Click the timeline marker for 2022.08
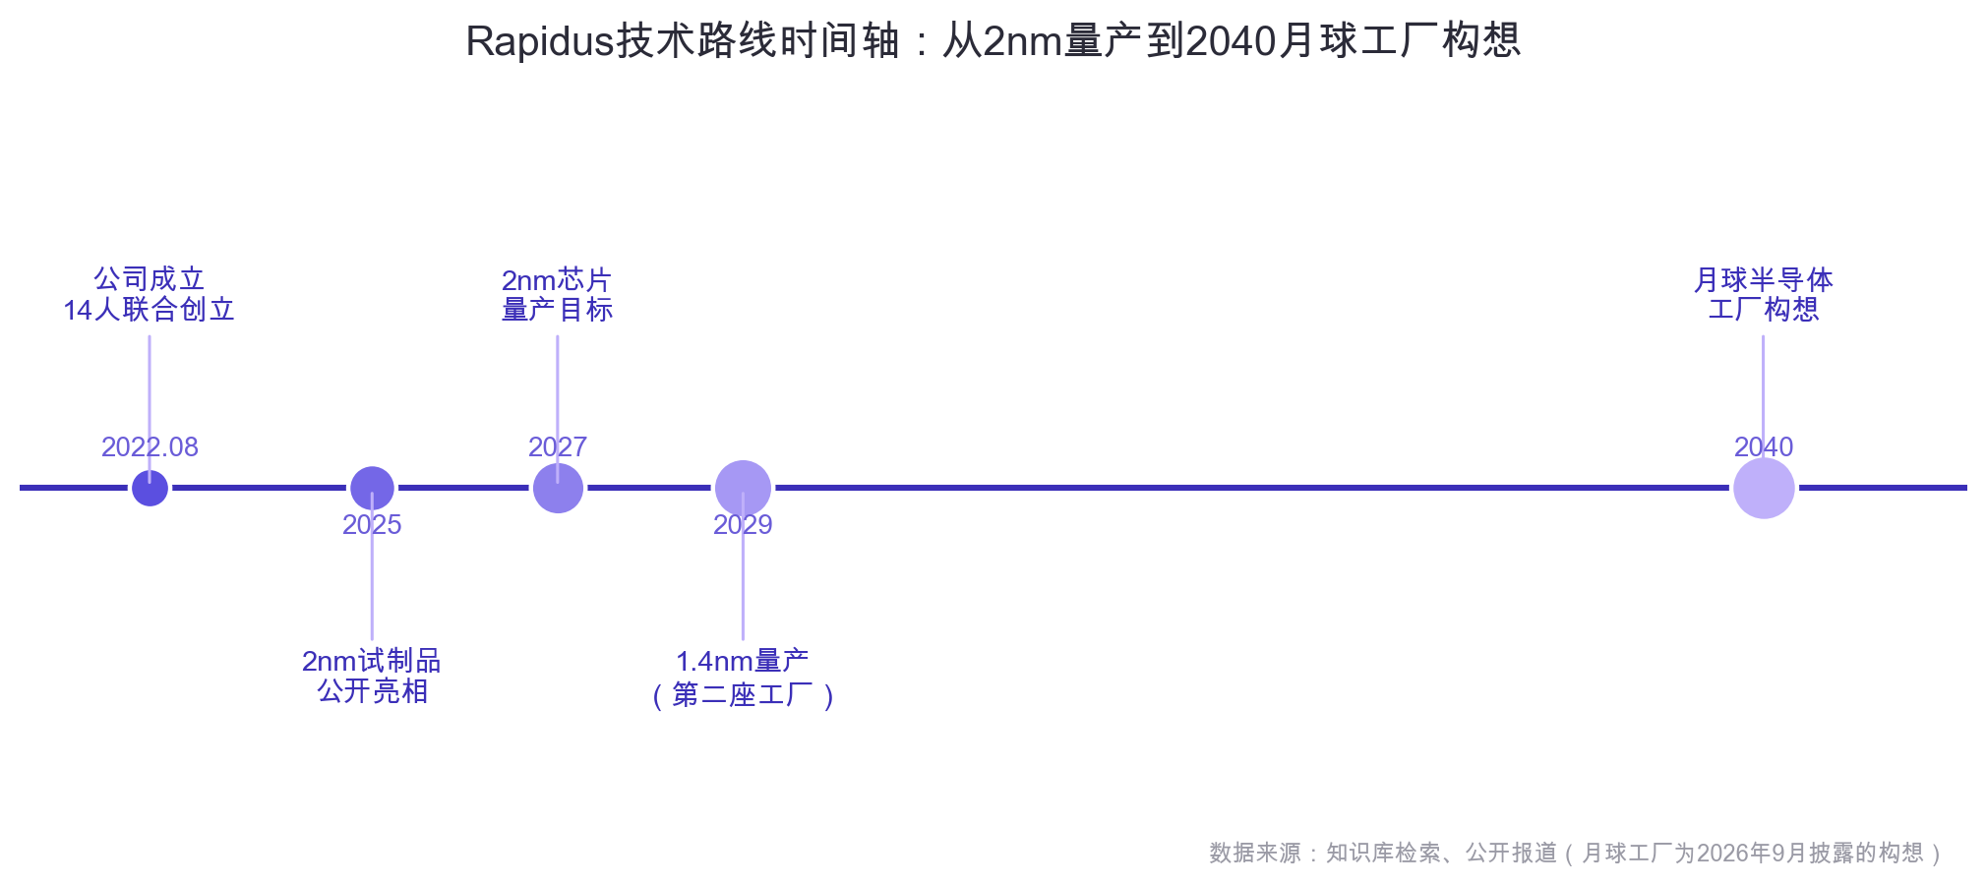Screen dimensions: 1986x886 point(150,488)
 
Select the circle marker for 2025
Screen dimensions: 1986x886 point(372,488)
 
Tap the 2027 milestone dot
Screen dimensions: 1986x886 point(558,488)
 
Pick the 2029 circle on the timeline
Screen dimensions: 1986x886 point(743,488)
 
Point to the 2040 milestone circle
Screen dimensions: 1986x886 point(1764,488)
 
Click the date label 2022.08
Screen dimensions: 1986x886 point(150,447)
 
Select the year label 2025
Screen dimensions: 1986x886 point(372,525)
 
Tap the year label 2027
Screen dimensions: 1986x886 point(558,447)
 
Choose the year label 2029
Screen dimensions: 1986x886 point(743,525)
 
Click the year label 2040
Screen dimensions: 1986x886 point(1764,447)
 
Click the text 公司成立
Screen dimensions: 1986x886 point(150,279)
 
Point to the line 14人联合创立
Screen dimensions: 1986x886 point(150,310)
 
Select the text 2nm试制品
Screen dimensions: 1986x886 point(372,661)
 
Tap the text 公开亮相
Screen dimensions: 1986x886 point(373,691)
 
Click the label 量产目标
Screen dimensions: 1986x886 point(558,310)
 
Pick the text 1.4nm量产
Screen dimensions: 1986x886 point(743,661)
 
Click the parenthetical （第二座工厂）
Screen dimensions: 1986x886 point(743,695)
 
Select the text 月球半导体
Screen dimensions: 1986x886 point(1764,280)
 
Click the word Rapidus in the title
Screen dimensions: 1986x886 point(540,41)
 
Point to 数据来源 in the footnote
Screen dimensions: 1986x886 point(1255,853)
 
